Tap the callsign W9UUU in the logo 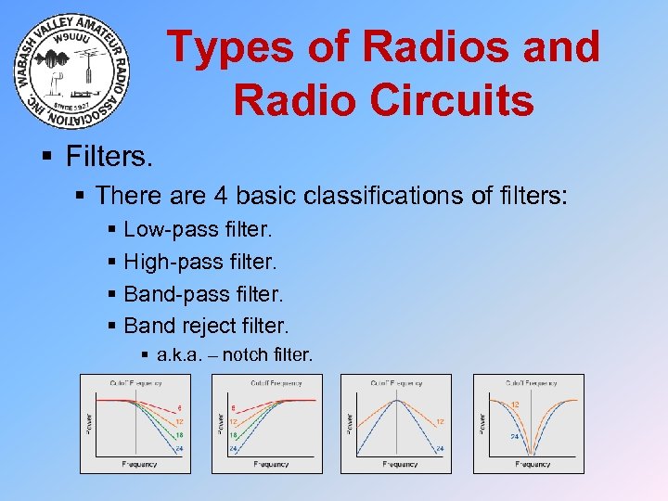point(72,40)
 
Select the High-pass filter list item point(201,262)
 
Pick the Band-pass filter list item point(203,294)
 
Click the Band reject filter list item point(206,326)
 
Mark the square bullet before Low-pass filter point(112,229)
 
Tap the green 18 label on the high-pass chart point(232,433)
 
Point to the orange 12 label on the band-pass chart point(439,422)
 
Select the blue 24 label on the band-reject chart point(512,436)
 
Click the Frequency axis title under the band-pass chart point(400,464)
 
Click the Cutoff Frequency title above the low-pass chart point(135,382)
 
